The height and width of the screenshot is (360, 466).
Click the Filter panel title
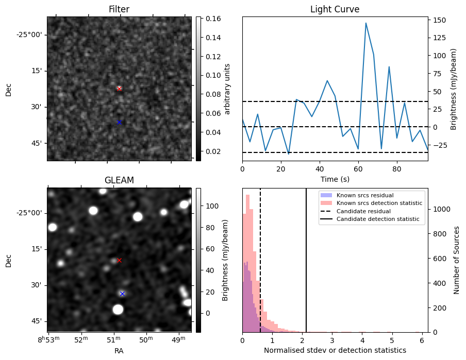click(119, 9)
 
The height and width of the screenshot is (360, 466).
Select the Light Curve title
click(335, 9)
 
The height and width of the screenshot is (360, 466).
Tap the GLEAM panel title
click(119, 180)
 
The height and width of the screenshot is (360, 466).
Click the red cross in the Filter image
click(119, 89)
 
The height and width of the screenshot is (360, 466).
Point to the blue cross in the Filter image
click(119, 122)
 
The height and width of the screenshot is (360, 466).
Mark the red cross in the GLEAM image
click(119, 260)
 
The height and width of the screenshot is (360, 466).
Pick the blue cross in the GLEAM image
click(122, 294)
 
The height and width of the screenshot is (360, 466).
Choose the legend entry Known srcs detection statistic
click(379, 203)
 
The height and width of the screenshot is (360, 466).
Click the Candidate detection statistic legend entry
click(378, 219)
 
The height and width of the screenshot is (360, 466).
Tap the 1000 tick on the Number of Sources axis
click(441, 209)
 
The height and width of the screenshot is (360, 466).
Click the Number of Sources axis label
click(457, 260)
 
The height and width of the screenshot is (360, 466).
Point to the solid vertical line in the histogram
click(306, 268)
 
